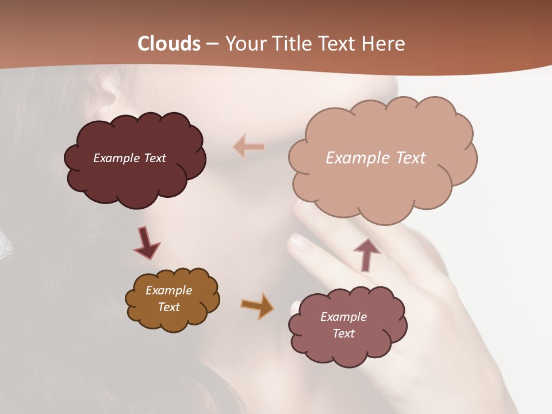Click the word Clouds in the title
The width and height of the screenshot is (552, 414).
pos(170,44)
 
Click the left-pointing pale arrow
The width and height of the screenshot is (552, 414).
pos(249,147)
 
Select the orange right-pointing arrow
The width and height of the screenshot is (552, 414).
pos(258,306)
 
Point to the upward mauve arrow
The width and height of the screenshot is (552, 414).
pos(366,254)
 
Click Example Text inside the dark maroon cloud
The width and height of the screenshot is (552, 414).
pos(130,158)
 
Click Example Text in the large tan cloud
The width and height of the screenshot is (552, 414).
pos(375,158)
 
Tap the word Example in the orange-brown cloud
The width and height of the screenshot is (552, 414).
pos(169,290)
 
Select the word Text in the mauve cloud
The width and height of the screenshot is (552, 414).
pos(344,333)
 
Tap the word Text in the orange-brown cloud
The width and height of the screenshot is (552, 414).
pos(169,307)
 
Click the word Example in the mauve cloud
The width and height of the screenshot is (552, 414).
pos(344,317)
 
